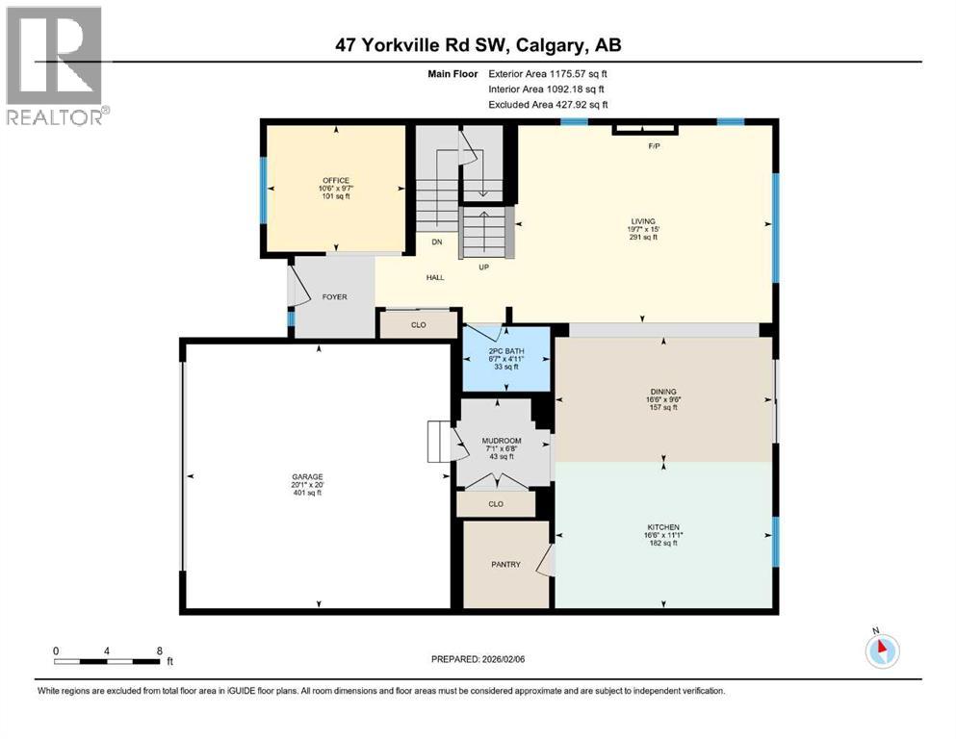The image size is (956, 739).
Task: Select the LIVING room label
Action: tap(642, 221)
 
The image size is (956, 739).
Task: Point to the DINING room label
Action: tap(662, 392)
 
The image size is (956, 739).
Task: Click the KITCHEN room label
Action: tap(662, 527)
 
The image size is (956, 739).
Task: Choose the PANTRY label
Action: tap(504, 565)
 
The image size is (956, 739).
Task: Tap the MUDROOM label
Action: tap(501, 441)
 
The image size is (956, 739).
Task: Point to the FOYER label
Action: tap(334, 297)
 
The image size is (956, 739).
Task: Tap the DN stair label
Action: tap(435, 243)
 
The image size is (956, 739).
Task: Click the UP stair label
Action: tap(484, 267)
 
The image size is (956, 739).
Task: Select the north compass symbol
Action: tap(881, 650)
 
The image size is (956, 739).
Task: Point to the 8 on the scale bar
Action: tap(158, 650)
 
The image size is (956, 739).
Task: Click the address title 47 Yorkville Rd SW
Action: tap(478, 45)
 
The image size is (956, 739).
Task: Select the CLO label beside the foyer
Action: tap(418, 325)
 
